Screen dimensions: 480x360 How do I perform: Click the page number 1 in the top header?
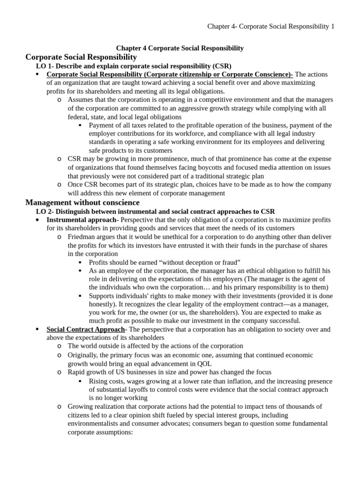pyautogui.click(x=333, y=27)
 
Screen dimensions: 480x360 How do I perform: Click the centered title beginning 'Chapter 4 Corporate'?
pyautogui.click(x=180, y=48)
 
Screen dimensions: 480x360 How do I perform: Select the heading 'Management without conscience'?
pyautogui.click(x=82, y=202)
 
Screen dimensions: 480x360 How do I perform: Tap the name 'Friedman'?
pyautogui.click(x=82, y=237)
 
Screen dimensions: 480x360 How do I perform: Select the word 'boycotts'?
pyautogui.click(x=218, y=167)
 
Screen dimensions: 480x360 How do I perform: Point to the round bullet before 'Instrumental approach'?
pyautogui.click(x=37, y=220)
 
